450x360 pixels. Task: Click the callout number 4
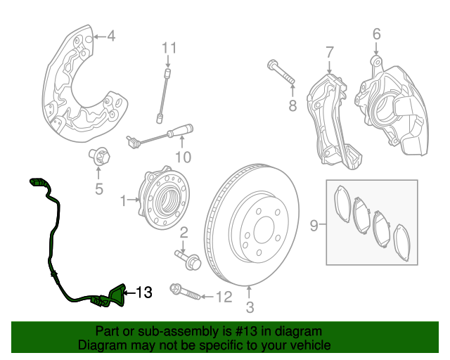110,37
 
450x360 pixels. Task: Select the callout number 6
376,33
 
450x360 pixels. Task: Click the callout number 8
292,105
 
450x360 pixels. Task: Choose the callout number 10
183,156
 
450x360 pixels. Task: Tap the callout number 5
98,188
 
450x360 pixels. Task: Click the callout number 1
124,201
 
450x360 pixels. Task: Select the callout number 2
184,232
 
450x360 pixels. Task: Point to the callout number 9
314,226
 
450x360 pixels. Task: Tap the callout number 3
249,307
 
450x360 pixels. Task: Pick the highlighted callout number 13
143,292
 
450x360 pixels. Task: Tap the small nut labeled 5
98,155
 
